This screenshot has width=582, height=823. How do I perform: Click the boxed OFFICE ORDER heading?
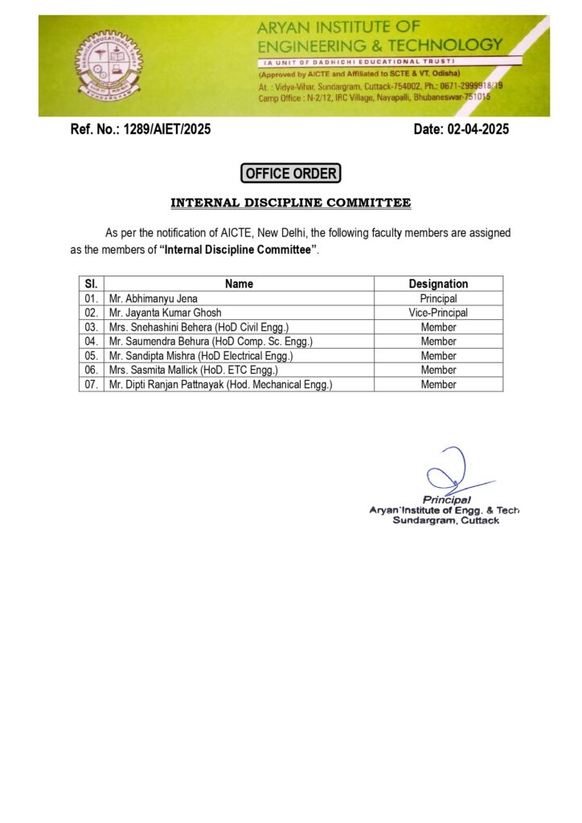tap(290, 173)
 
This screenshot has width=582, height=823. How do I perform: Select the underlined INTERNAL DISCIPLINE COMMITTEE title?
tap(290, 203)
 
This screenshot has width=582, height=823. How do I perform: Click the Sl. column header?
tap(91, 284)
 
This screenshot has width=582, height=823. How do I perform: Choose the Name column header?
tap(239, 284)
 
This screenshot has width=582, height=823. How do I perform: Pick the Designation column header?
tap(438, 284)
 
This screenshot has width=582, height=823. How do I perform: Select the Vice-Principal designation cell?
tap(438, 313)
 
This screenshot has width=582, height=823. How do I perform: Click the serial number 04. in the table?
tap(91, 342)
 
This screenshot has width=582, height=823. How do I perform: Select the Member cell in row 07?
tap(438, 385)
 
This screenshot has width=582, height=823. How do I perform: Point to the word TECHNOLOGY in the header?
tap(452, 45)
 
